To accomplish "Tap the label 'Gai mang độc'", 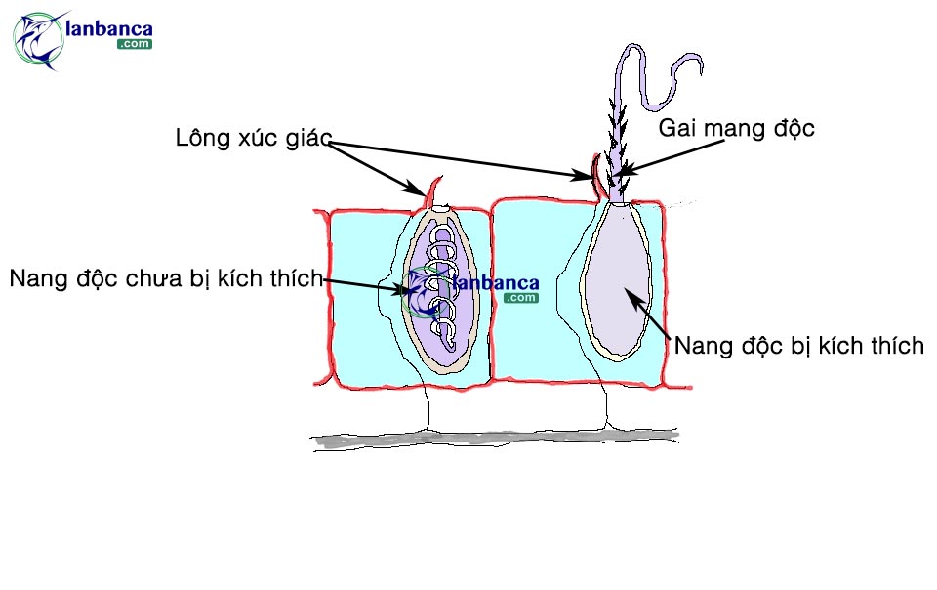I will click(x=736, y=128).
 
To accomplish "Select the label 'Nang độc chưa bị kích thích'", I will click(x=165, y=278).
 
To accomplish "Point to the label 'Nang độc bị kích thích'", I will click(x=798, y=346).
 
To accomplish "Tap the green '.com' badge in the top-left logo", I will click(x=134, y=44).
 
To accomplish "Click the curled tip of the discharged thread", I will click(x=683, y=73).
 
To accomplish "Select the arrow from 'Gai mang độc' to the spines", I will click(x=673, y=151).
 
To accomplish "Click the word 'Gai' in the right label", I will click(x=679, y=128).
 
